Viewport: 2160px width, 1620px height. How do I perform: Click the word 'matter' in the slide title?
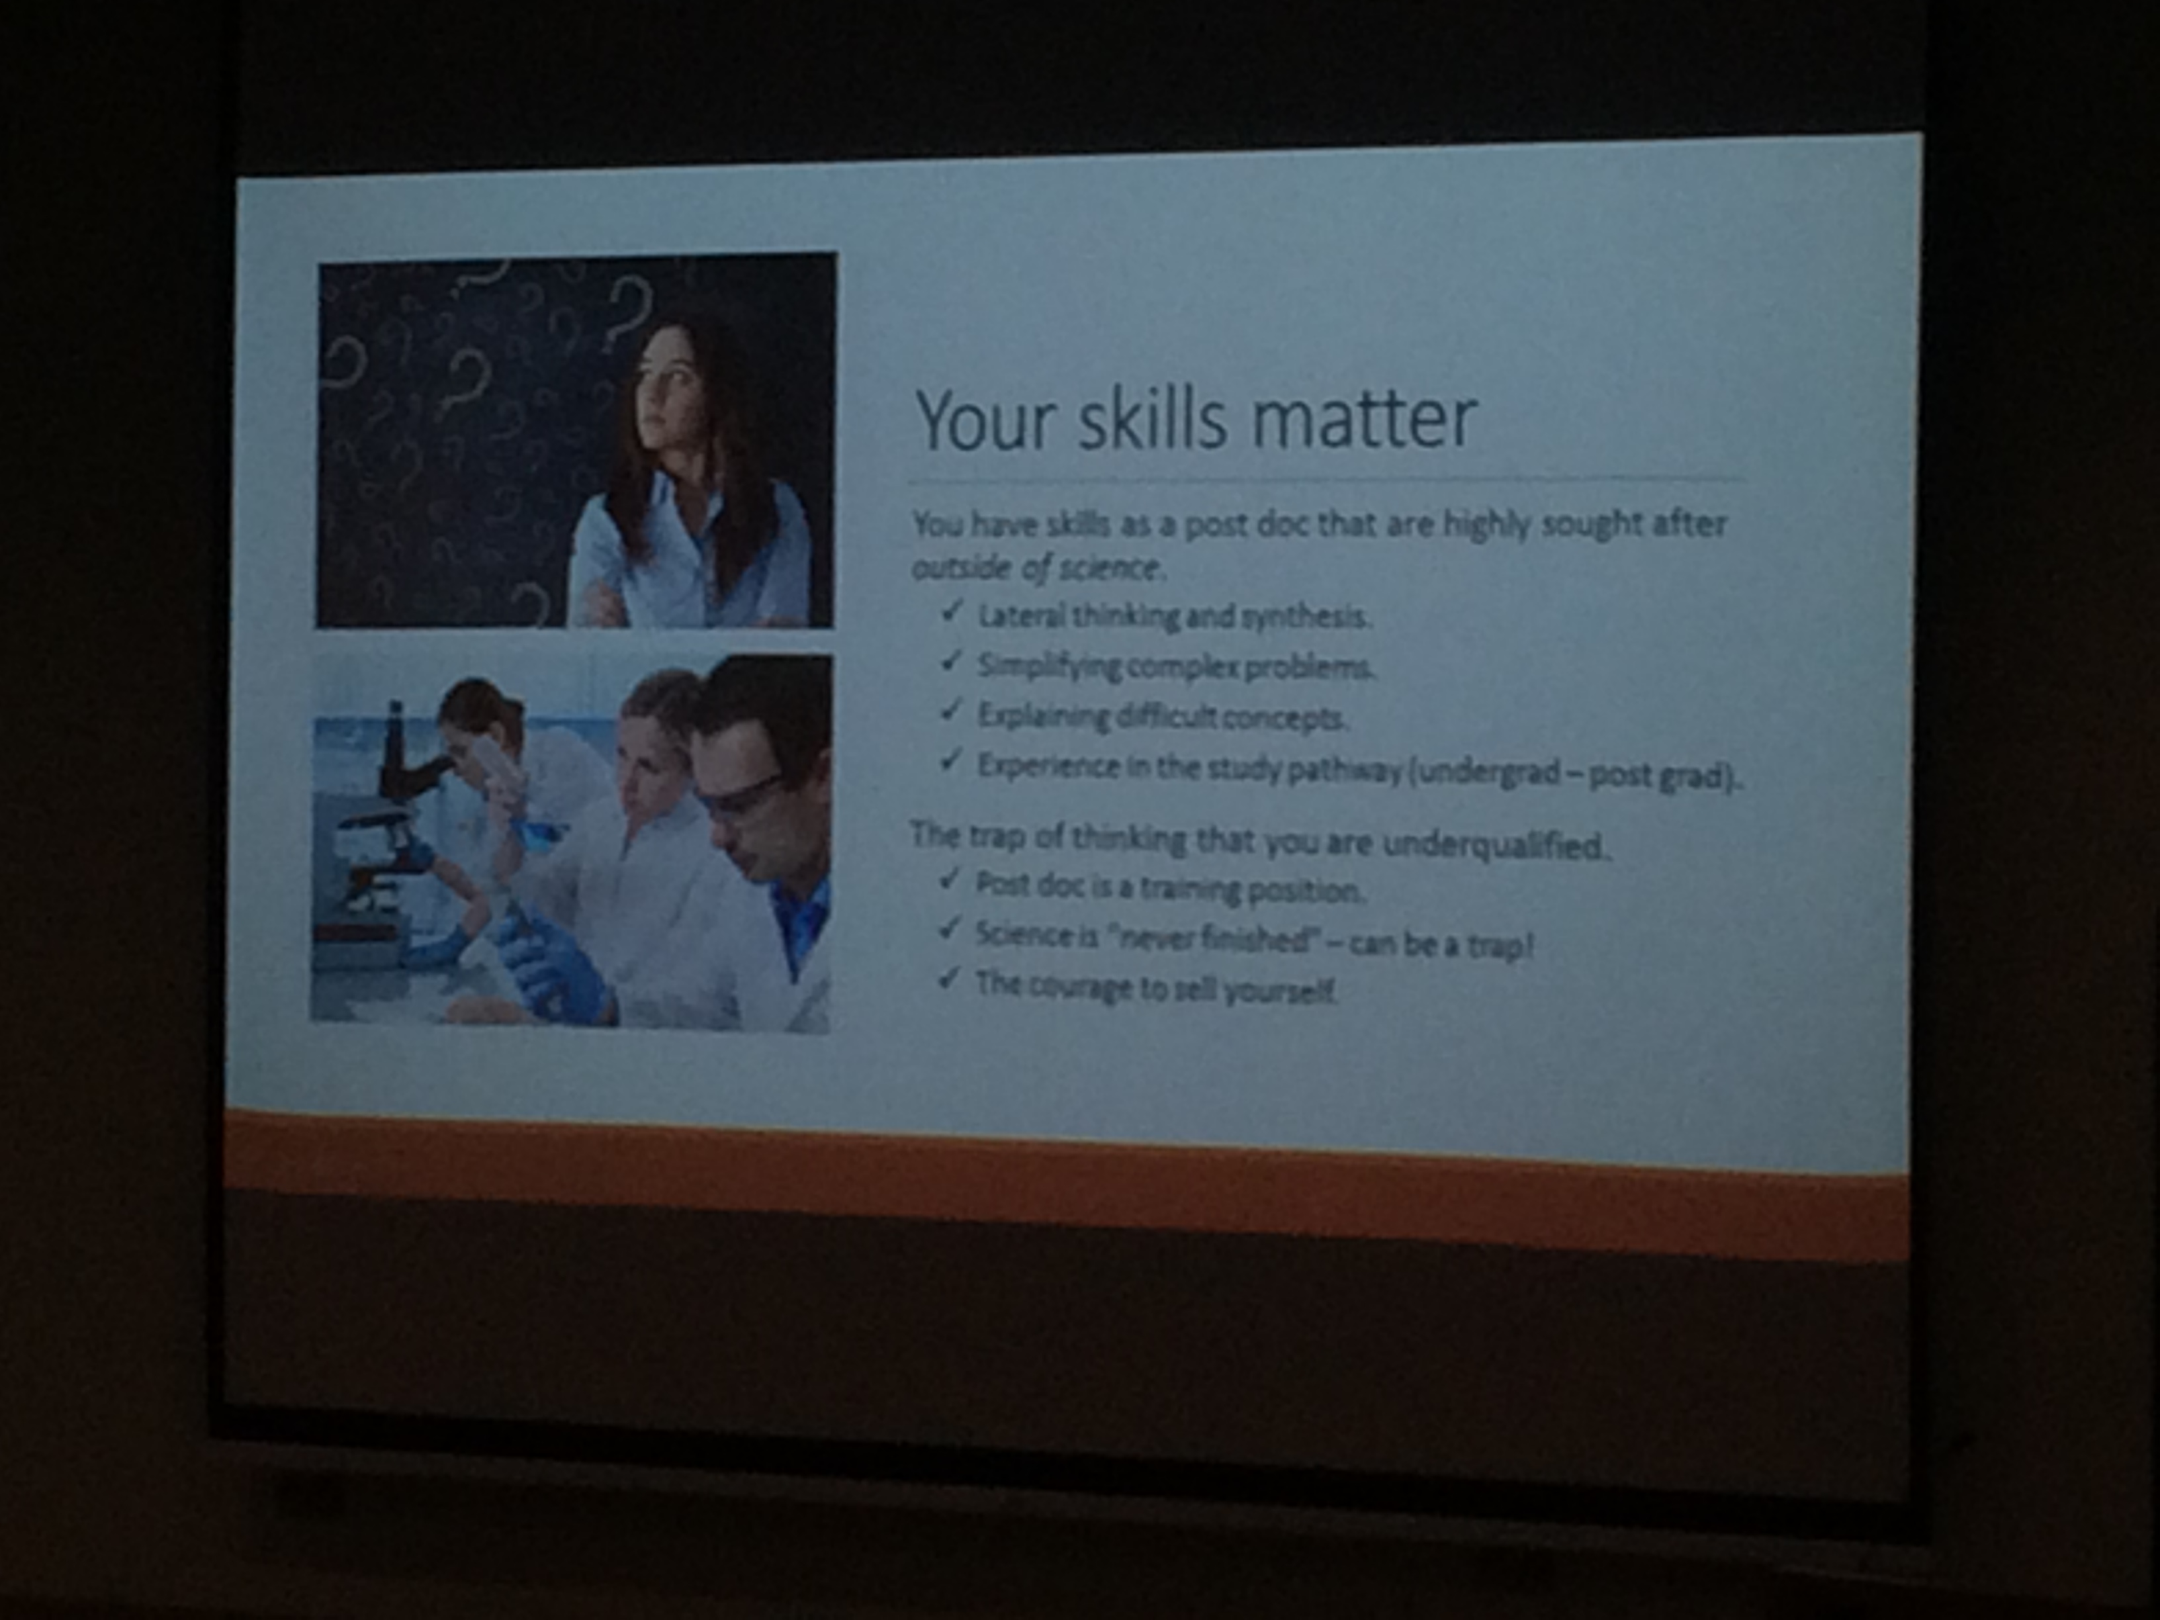(1363, 420)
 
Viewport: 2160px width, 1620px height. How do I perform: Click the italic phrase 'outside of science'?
(1035, 567)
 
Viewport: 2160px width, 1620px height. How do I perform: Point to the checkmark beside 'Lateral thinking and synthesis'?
(953, 612)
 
